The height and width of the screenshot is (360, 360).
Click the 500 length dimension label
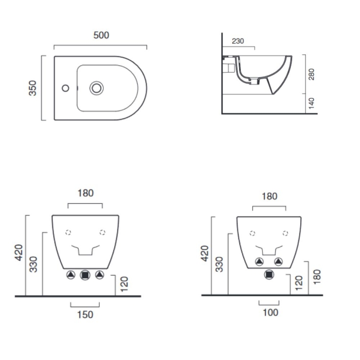click(x=101, y=35)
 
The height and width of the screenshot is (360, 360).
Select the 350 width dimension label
click(x=33, y=88)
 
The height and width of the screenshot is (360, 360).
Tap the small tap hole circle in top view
click(x=64, y=89)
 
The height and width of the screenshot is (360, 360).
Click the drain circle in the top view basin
click(x=96, y=89)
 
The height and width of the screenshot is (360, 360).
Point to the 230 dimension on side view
click(x=238, y=41)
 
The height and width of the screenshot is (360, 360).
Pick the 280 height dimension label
click(x=312, y=74)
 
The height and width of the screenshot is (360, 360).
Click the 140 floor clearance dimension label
click(x=312, y=103)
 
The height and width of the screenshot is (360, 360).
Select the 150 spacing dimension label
click(x=85, y=314)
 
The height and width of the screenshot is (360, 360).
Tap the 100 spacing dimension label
click(x=270, y=312)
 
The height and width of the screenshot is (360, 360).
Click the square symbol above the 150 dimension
click(x=86, y=275)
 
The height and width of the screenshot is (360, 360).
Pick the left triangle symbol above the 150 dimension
click(x=72, y=275)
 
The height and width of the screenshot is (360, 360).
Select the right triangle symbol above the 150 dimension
click(x=100, y=275)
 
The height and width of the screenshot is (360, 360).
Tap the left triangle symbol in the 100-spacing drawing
click(x=260, y=262)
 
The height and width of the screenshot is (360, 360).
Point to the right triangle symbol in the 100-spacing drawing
click(x=278, y=262)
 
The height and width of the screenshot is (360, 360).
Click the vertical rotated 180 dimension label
click(x=317, y=277)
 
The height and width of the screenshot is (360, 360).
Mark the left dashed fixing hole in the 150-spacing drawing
click(x=69, y=232)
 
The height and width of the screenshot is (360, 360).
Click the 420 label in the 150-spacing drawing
click(x=18, y=252)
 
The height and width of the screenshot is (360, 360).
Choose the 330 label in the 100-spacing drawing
click(x=220, y=264)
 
